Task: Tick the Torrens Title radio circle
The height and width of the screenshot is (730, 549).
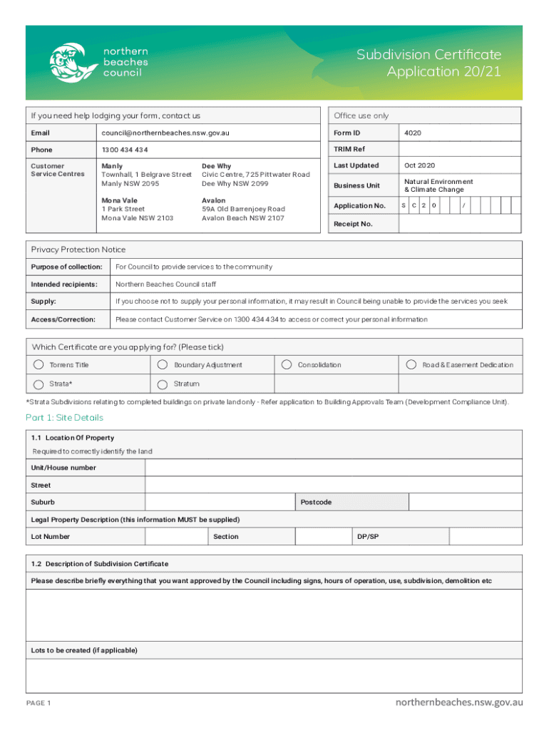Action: [x=38, y=365]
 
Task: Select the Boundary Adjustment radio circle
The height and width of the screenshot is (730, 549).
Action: [x=162, y=365]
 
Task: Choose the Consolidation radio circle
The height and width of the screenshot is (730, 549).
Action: [x=286, y=365]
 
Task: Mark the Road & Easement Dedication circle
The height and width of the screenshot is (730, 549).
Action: [x=411, y=365]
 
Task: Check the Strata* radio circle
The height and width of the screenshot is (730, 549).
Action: [x=38, y=384]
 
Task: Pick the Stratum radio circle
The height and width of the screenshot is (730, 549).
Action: [x=162, y=384]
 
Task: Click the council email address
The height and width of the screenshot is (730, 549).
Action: [x=165, y=133]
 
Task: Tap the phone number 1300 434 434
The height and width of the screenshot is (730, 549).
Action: [x=125, y=150]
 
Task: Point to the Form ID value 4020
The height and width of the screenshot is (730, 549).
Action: [x=412, y=133]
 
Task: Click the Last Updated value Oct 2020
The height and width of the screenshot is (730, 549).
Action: [x=419, y=166]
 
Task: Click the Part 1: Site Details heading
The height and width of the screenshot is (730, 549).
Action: [x=64, y=418]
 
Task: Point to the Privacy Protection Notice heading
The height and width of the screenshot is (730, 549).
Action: [x=78, y=250]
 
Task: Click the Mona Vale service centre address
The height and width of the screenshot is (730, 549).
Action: [x=137, y=210]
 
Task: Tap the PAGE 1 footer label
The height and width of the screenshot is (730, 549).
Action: [x=39, y=704]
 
